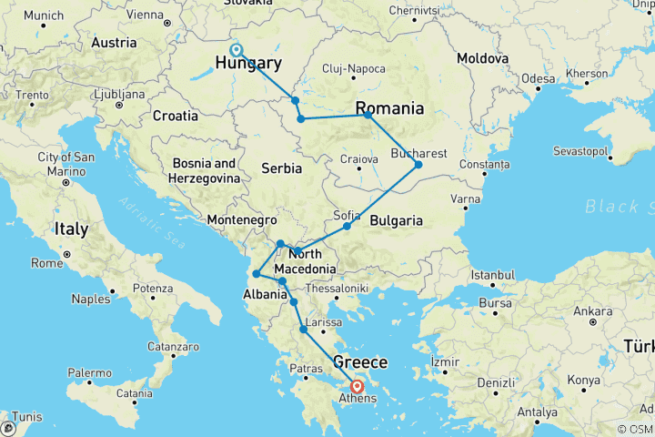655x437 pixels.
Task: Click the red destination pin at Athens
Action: tap(357, 385)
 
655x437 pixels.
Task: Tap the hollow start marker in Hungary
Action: tap(236, 50)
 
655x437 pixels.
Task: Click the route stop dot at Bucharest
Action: tap(418, 165)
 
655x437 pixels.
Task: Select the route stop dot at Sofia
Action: tap(347, 226)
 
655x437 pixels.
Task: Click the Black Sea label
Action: tap(619, 207)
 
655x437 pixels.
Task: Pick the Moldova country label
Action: tap(481, 57)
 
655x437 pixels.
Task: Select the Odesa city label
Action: tap(538, 78)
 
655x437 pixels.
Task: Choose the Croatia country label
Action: tap(176, 116)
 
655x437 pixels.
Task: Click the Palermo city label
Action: tap(90, 373)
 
